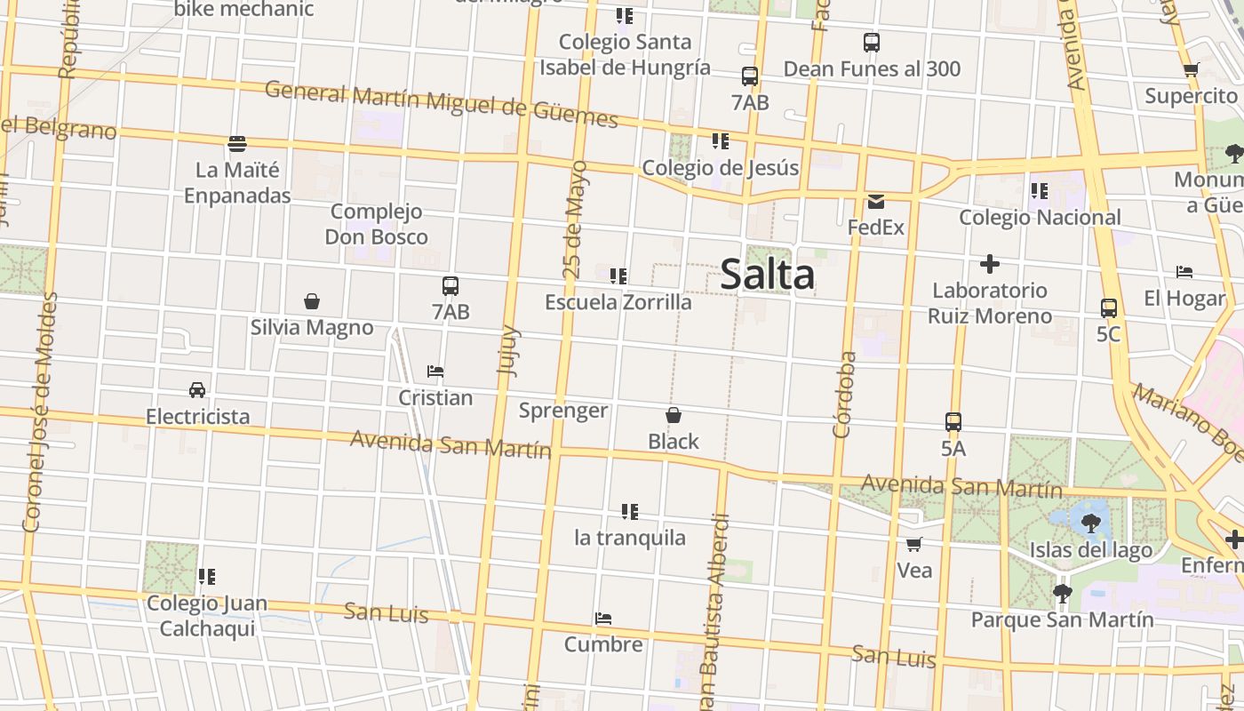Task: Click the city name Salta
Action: [767, 274]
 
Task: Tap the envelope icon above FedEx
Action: [876, 202]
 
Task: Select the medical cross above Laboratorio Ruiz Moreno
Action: [990, 264]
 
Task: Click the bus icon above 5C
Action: [1109, 308]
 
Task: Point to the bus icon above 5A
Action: [953, 422]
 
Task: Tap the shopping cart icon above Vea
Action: [913, 544]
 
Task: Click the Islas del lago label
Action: [1091, 550]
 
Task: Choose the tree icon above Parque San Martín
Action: [1062, 593]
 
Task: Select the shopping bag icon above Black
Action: [674, 415]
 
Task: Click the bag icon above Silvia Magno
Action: [312, 301]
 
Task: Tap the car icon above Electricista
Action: [197, 390]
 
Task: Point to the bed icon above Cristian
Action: [435, 371]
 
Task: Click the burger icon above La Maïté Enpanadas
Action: [237, 143]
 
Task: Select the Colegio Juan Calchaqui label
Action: [207, 616]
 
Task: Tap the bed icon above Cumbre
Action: [603, 619]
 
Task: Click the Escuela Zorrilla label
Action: [618, 302]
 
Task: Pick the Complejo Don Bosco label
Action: [377, 224]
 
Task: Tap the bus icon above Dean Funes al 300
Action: [872, 42]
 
